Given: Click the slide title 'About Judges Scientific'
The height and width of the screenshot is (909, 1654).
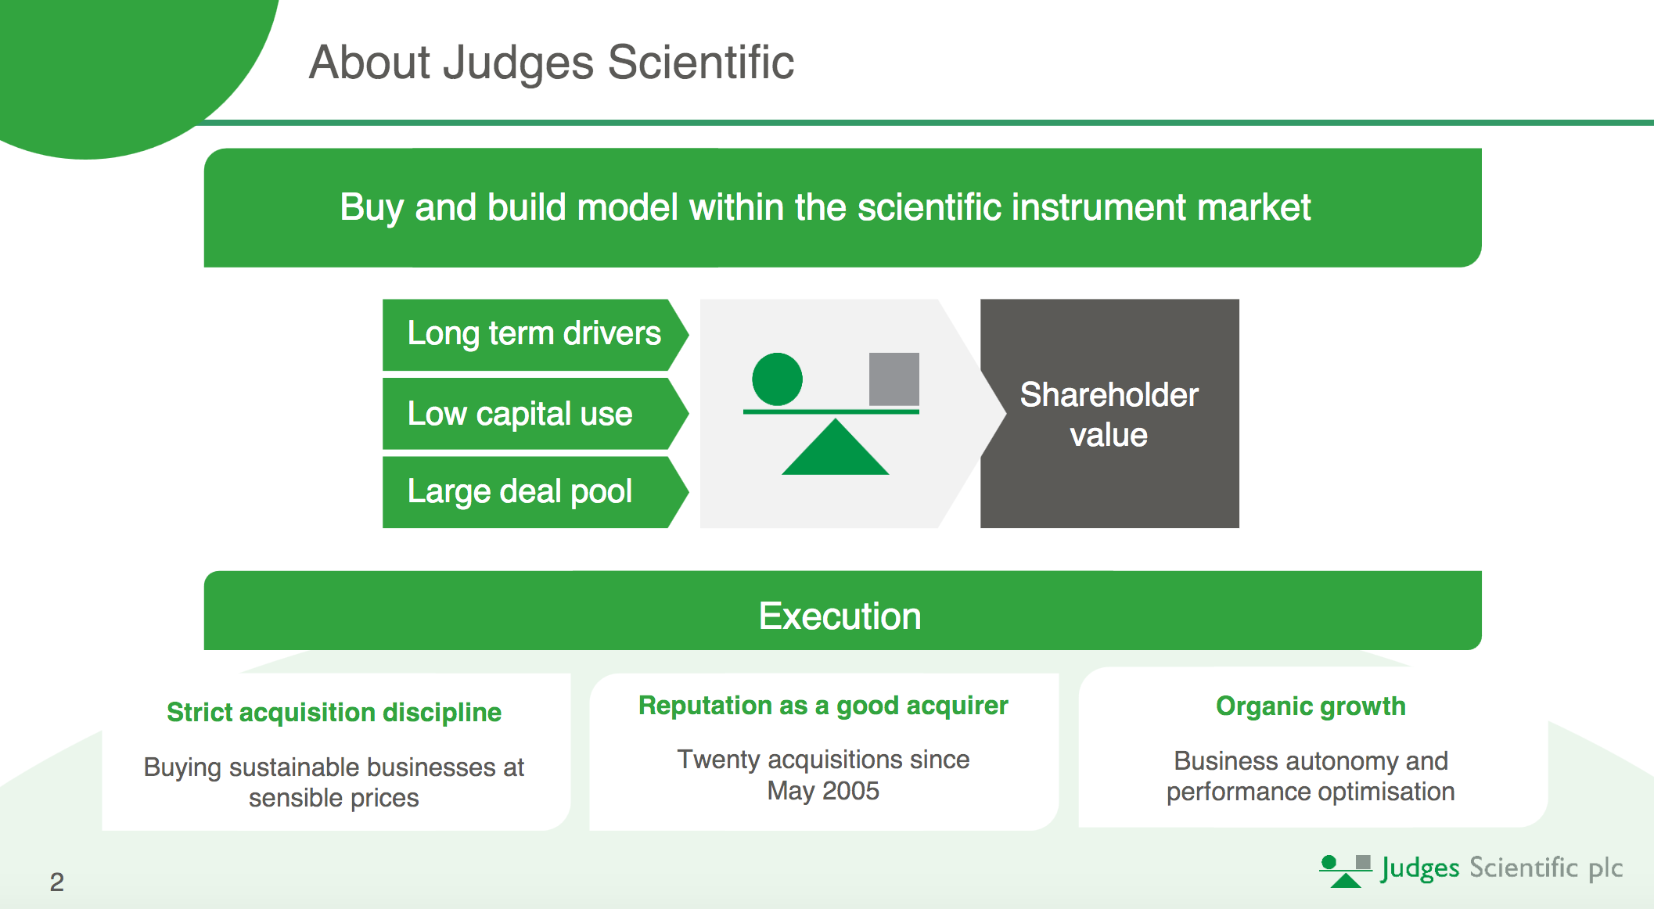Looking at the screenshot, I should (551, 63).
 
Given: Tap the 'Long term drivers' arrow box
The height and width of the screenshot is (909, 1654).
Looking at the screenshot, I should (534, 334).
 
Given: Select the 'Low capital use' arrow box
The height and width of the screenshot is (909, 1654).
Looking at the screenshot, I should (520, 414).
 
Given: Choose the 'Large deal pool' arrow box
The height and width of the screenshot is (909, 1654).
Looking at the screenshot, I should (520, 492).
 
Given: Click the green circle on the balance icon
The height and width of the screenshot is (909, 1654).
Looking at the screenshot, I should (777, 379).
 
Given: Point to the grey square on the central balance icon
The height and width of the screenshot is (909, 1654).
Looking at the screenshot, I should (894, 379).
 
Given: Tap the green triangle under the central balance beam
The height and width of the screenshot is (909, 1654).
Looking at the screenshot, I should (835, 451).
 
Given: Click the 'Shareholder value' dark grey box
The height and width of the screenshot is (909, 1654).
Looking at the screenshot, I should (1109, 414).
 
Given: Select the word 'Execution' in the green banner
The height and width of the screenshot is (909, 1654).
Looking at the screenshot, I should (840, 616).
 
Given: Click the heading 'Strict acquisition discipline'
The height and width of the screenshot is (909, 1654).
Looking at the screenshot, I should (334, 713).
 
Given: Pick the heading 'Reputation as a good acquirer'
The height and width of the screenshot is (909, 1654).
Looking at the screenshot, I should (823, 706).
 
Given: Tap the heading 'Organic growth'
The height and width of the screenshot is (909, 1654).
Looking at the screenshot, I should (1311, 706).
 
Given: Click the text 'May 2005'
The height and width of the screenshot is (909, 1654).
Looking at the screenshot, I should (823, 791).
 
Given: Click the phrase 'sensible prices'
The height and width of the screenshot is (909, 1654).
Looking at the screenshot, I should (334, 798).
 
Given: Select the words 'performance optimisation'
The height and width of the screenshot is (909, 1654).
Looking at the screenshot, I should (1311, 792).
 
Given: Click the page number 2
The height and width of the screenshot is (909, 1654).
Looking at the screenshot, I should (57, 882).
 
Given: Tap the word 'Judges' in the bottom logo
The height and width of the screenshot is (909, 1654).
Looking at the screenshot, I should (1420, 868).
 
